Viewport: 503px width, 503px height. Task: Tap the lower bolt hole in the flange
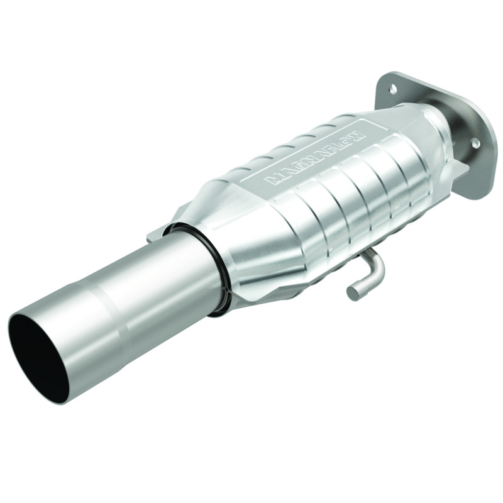[x=475, y=144]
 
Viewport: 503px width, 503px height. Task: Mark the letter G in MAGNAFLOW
[x=291, y=169]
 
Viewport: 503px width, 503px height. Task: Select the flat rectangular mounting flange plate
[x=434, y=126]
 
